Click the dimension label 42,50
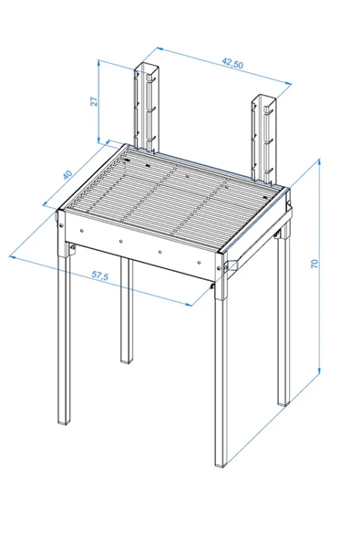tap(232, 64)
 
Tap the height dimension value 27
tap(94, 101)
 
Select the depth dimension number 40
tap(68, 174)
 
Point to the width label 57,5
tap(100, 275)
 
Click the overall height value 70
tap(314, 264)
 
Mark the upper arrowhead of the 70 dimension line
tap(319, 161)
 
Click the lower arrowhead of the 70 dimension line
tap(319, 370)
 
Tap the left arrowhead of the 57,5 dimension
tap(13, 257)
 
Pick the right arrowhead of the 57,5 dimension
tap(188, 305)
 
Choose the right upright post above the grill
tap(264, 138)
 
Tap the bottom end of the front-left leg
tap(64, 421)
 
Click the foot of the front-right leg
tap(221, 464)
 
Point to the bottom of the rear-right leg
tap(283, 403)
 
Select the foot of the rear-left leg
tap(127, 360)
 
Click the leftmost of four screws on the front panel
tap(82, 231)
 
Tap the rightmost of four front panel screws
tap(199, 263)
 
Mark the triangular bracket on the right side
tap(231, 265)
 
